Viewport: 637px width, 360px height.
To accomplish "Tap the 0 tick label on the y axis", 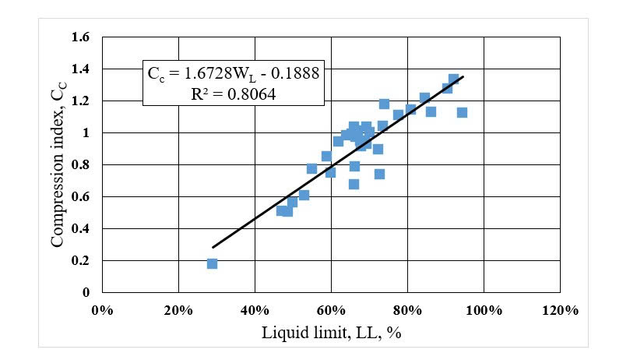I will point(87,292).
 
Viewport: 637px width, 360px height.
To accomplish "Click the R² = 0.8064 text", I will point(233,91).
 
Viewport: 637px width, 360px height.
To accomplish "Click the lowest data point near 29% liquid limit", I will point(212,263).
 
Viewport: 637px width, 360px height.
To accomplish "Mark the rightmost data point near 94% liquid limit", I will point(462,112).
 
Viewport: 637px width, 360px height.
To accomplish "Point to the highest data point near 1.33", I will point(453,79).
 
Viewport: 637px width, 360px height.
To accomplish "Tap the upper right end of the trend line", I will point(463,76).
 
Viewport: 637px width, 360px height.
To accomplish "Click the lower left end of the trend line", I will point(213,248).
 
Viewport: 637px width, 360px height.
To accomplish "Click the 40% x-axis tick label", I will point(255,309).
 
